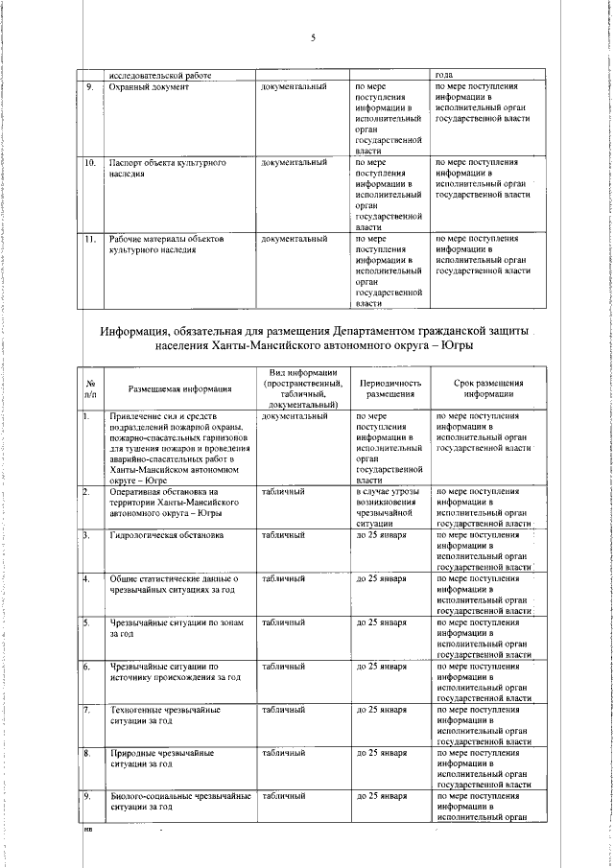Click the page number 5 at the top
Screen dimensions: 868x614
click(313, 37)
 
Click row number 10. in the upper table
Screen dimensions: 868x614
click(89, 163)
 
